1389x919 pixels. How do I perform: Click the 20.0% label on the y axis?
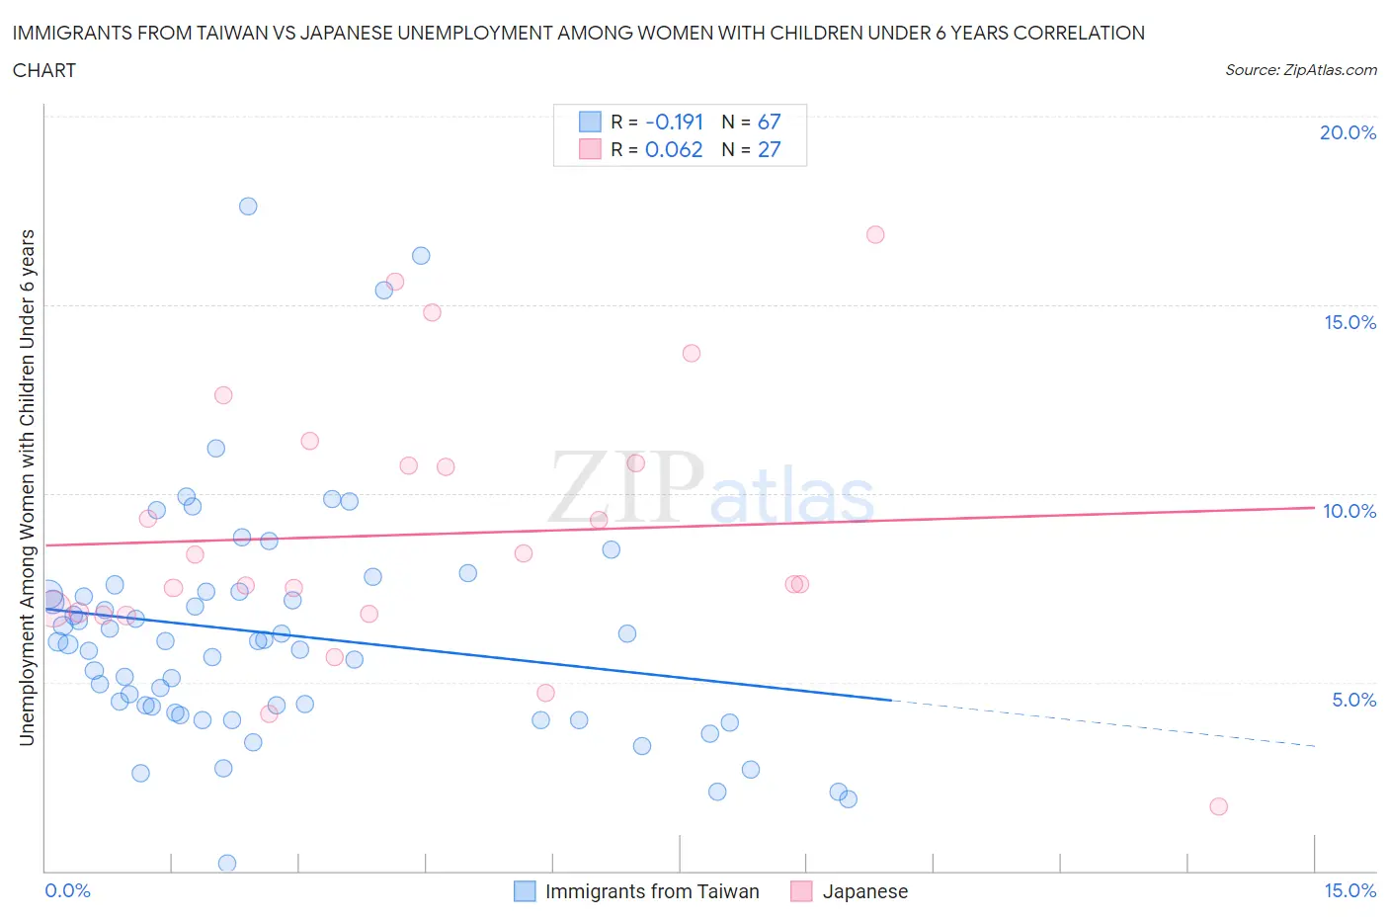[x=1348, y=132]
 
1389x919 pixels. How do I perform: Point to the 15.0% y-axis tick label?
[x=1349, y=322]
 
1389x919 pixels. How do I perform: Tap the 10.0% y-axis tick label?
[x=1349, y=511]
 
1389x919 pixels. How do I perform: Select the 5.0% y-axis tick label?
[x=1353, y=700]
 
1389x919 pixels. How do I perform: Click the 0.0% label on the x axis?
[x=67, y=890]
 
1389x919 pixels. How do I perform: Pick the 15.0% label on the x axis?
[x=1349, y=890]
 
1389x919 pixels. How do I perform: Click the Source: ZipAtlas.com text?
[x=1300, y=69]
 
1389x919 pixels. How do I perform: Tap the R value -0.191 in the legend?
[x=674, y=122]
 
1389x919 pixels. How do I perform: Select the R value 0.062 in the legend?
[x=674, y=149]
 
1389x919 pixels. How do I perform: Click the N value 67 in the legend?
[x=769, y=122]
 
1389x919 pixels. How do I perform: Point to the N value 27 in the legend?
[x=769, y=149]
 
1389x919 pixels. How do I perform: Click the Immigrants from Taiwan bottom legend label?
[x=652, y=891]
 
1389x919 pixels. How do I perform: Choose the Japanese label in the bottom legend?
[x=864, y=891]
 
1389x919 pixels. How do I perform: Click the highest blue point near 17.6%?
[x=248, y=207]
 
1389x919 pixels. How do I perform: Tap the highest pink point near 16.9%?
[x=875, y=235]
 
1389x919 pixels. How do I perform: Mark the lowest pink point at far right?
[x=1218, y=806]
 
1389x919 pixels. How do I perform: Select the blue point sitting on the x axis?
[x=227, y=864]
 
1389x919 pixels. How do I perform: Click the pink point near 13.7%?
[x=692, y=354]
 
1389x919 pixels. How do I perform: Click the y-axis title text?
[x=27, y=487]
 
